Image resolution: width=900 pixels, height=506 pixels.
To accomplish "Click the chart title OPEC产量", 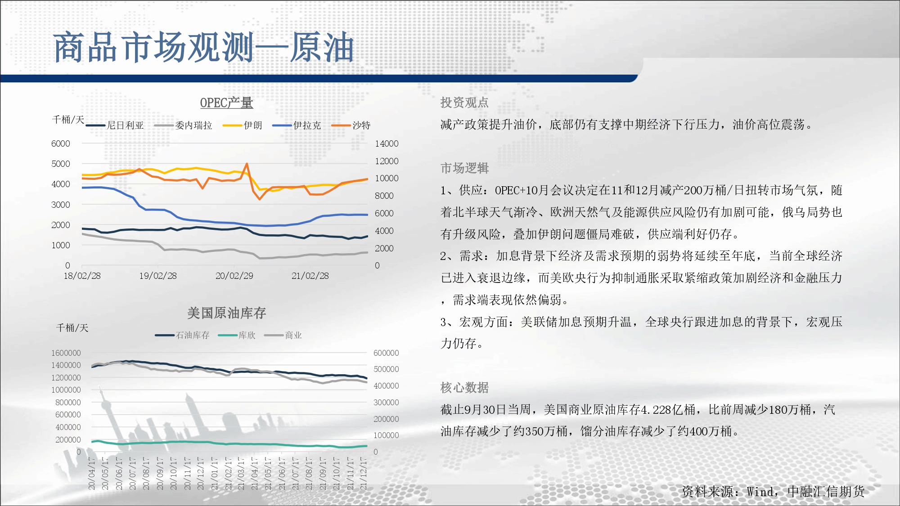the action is [x=226, y=103].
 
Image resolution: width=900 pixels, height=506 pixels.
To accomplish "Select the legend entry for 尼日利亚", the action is [x=115, y=125].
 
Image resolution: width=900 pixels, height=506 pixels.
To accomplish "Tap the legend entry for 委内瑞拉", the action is [x=183, y=125].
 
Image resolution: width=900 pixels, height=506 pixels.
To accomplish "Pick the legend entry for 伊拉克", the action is [x=297, y=125].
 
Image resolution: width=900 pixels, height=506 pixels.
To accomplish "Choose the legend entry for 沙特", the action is [x=351, y=125].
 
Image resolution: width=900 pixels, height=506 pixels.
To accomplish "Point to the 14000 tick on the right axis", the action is [x=387, y=143].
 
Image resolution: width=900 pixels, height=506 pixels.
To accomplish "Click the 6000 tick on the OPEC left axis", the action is [x=61, y=143].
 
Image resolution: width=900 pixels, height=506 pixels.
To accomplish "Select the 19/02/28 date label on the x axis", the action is [x=158, y=276].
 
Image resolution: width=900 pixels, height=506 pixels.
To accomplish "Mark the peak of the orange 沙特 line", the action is [x=247, y=164].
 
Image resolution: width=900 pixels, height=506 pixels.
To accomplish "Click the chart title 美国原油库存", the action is [x=226, y=313].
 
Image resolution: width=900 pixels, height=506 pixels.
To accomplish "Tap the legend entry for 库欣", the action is [x=237, y=335].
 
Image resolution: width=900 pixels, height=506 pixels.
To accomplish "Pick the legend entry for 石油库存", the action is [x=182, y=335].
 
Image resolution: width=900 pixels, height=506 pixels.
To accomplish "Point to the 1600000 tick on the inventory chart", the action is [x=66, y=353].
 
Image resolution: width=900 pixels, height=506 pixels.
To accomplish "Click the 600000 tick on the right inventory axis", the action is [x=386, y=353].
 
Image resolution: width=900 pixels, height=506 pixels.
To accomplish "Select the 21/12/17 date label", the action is [x=364, y=474].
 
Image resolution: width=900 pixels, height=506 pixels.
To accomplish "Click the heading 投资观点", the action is [x=464, y=103].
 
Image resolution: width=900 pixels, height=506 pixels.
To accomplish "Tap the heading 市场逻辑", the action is [x=464, y=168].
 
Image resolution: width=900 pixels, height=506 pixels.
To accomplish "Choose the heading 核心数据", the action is [x=464, y=387].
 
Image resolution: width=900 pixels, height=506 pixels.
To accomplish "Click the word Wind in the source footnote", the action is [x=760, y=492].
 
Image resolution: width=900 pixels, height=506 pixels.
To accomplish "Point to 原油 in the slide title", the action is [x=322, y=47].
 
